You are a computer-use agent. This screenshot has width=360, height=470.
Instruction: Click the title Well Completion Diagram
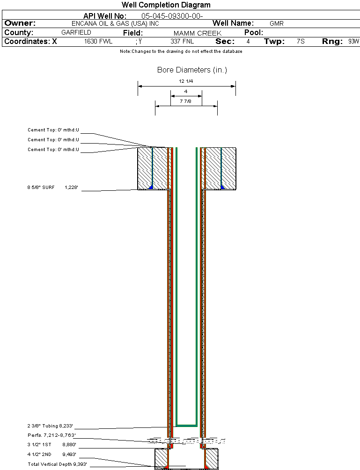(166, 5)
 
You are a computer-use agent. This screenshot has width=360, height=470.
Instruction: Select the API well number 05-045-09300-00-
(172, 16)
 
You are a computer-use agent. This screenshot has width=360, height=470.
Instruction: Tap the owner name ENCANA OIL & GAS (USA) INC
(115, 23)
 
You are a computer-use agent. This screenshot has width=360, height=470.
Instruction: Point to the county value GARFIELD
(76, 32)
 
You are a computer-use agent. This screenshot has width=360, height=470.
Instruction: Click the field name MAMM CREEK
(198, 33)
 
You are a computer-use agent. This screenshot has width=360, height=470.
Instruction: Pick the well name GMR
(277, 23)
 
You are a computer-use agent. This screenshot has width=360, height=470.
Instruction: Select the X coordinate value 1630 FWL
(98, 41)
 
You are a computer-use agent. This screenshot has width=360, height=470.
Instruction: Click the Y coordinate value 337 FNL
(182, 41)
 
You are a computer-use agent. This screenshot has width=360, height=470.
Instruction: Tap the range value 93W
(353, 41)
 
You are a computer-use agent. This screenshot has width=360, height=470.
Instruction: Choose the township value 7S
(301, 41)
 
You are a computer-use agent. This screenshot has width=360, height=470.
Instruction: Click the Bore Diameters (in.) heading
(192, 70)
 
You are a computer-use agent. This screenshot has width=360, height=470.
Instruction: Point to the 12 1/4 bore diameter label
(186, 81)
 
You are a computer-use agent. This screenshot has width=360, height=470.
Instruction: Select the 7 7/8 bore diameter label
(186, 101)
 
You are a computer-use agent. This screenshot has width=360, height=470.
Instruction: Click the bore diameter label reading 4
(186, 91)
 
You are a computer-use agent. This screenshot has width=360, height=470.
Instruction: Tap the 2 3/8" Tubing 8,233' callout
(50, 426)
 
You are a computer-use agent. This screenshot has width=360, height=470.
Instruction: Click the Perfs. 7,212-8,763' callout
(51, 435)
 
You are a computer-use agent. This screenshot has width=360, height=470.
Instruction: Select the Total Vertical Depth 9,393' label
(57, 464)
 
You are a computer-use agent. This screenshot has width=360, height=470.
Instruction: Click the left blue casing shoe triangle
(151, 187)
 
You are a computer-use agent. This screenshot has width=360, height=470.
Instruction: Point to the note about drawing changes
(181, 51)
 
